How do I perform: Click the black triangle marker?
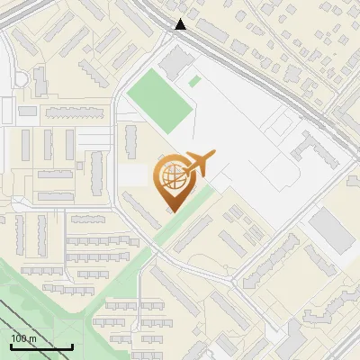[x=181, y=24]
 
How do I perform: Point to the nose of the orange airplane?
[x=215, y=155]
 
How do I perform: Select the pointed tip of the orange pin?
[x=172, y=211]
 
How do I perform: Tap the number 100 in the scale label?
[x=20, y=338]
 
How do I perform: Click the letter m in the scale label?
[x=33, y=338]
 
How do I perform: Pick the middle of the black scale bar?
[x=41, y=346]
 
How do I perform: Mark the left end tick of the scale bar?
[x=11, y=346]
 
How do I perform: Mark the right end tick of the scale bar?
[x=72, y=346]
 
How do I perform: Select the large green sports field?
[x=160, y=100]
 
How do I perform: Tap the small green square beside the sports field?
[x=194, y=82]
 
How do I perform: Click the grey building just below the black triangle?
[x=178, y=59]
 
